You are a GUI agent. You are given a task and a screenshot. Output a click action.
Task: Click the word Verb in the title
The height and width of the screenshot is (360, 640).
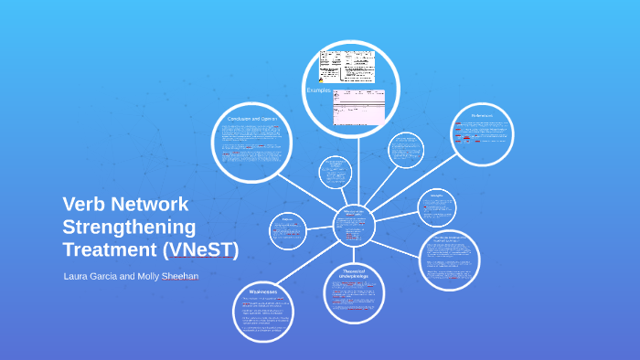84,205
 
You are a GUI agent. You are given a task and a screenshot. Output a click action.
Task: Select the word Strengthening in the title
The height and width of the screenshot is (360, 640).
129,227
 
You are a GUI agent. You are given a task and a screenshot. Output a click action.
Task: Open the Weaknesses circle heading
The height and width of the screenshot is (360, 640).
263,292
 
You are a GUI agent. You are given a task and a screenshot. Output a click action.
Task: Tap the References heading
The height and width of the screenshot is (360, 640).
482,115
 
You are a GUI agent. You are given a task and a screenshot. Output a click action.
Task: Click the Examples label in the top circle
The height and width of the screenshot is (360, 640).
319,90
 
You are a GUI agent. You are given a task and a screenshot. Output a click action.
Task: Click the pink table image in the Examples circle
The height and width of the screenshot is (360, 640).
358,108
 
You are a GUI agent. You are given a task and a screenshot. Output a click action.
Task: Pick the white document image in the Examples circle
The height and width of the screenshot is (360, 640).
347,66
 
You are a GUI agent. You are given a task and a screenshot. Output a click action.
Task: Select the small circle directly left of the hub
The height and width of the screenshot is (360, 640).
288,229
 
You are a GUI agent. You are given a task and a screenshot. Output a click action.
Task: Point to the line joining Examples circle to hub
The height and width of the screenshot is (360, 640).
356,169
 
